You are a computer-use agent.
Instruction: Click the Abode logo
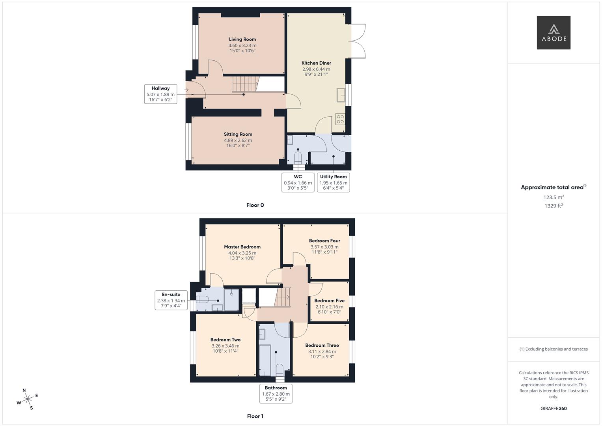554,33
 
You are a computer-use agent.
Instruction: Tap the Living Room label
242,39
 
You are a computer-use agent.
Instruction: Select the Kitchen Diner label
316,63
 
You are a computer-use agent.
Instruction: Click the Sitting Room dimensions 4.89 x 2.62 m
238,140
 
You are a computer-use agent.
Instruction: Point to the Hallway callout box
160,94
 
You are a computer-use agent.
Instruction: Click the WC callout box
298,182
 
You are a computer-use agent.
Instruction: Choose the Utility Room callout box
333,182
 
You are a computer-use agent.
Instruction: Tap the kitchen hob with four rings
340,119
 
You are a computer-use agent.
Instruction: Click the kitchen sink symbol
341,95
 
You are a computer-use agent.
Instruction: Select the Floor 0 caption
255,205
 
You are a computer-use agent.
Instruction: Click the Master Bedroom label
242,247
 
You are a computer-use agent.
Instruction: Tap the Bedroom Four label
324,241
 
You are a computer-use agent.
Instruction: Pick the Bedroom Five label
329,301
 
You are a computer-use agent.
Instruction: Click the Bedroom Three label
322,345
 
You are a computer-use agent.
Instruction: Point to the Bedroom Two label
225,340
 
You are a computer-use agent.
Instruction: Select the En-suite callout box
171,300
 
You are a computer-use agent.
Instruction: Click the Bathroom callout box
276,393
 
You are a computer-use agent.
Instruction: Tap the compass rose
28,399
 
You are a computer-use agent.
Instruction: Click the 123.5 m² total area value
554,197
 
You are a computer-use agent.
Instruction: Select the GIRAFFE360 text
554,408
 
